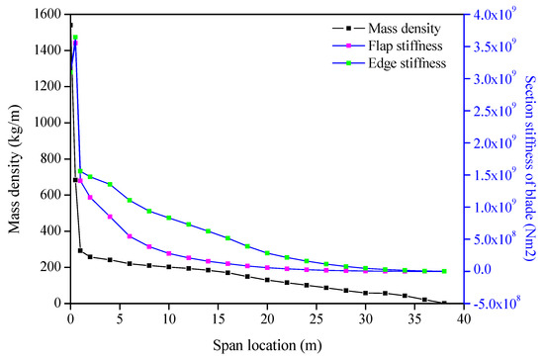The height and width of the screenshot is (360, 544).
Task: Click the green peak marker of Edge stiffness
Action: click(75, 38)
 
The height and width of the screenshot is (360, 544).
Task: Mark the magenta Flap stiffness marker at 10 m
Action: click(168, 253)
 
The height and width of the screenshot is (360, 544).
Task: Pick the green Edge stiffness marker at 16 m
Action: click(227, 238)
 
